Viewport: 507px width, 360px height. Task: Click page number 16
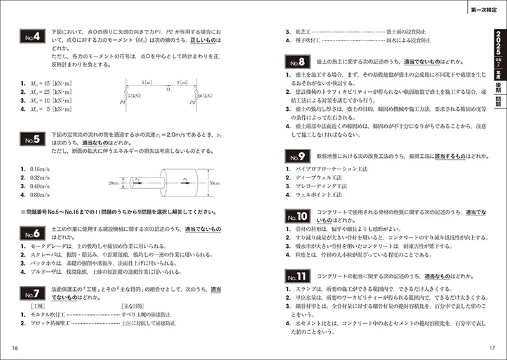coord(15,348)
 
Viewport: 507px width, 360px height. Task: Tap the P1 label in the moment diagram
coord(121,102)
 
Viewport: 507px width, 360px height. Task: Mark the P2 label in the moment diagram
coord(191,102)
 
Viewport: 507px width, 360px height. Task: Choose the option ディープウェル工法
coord(316,177)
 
